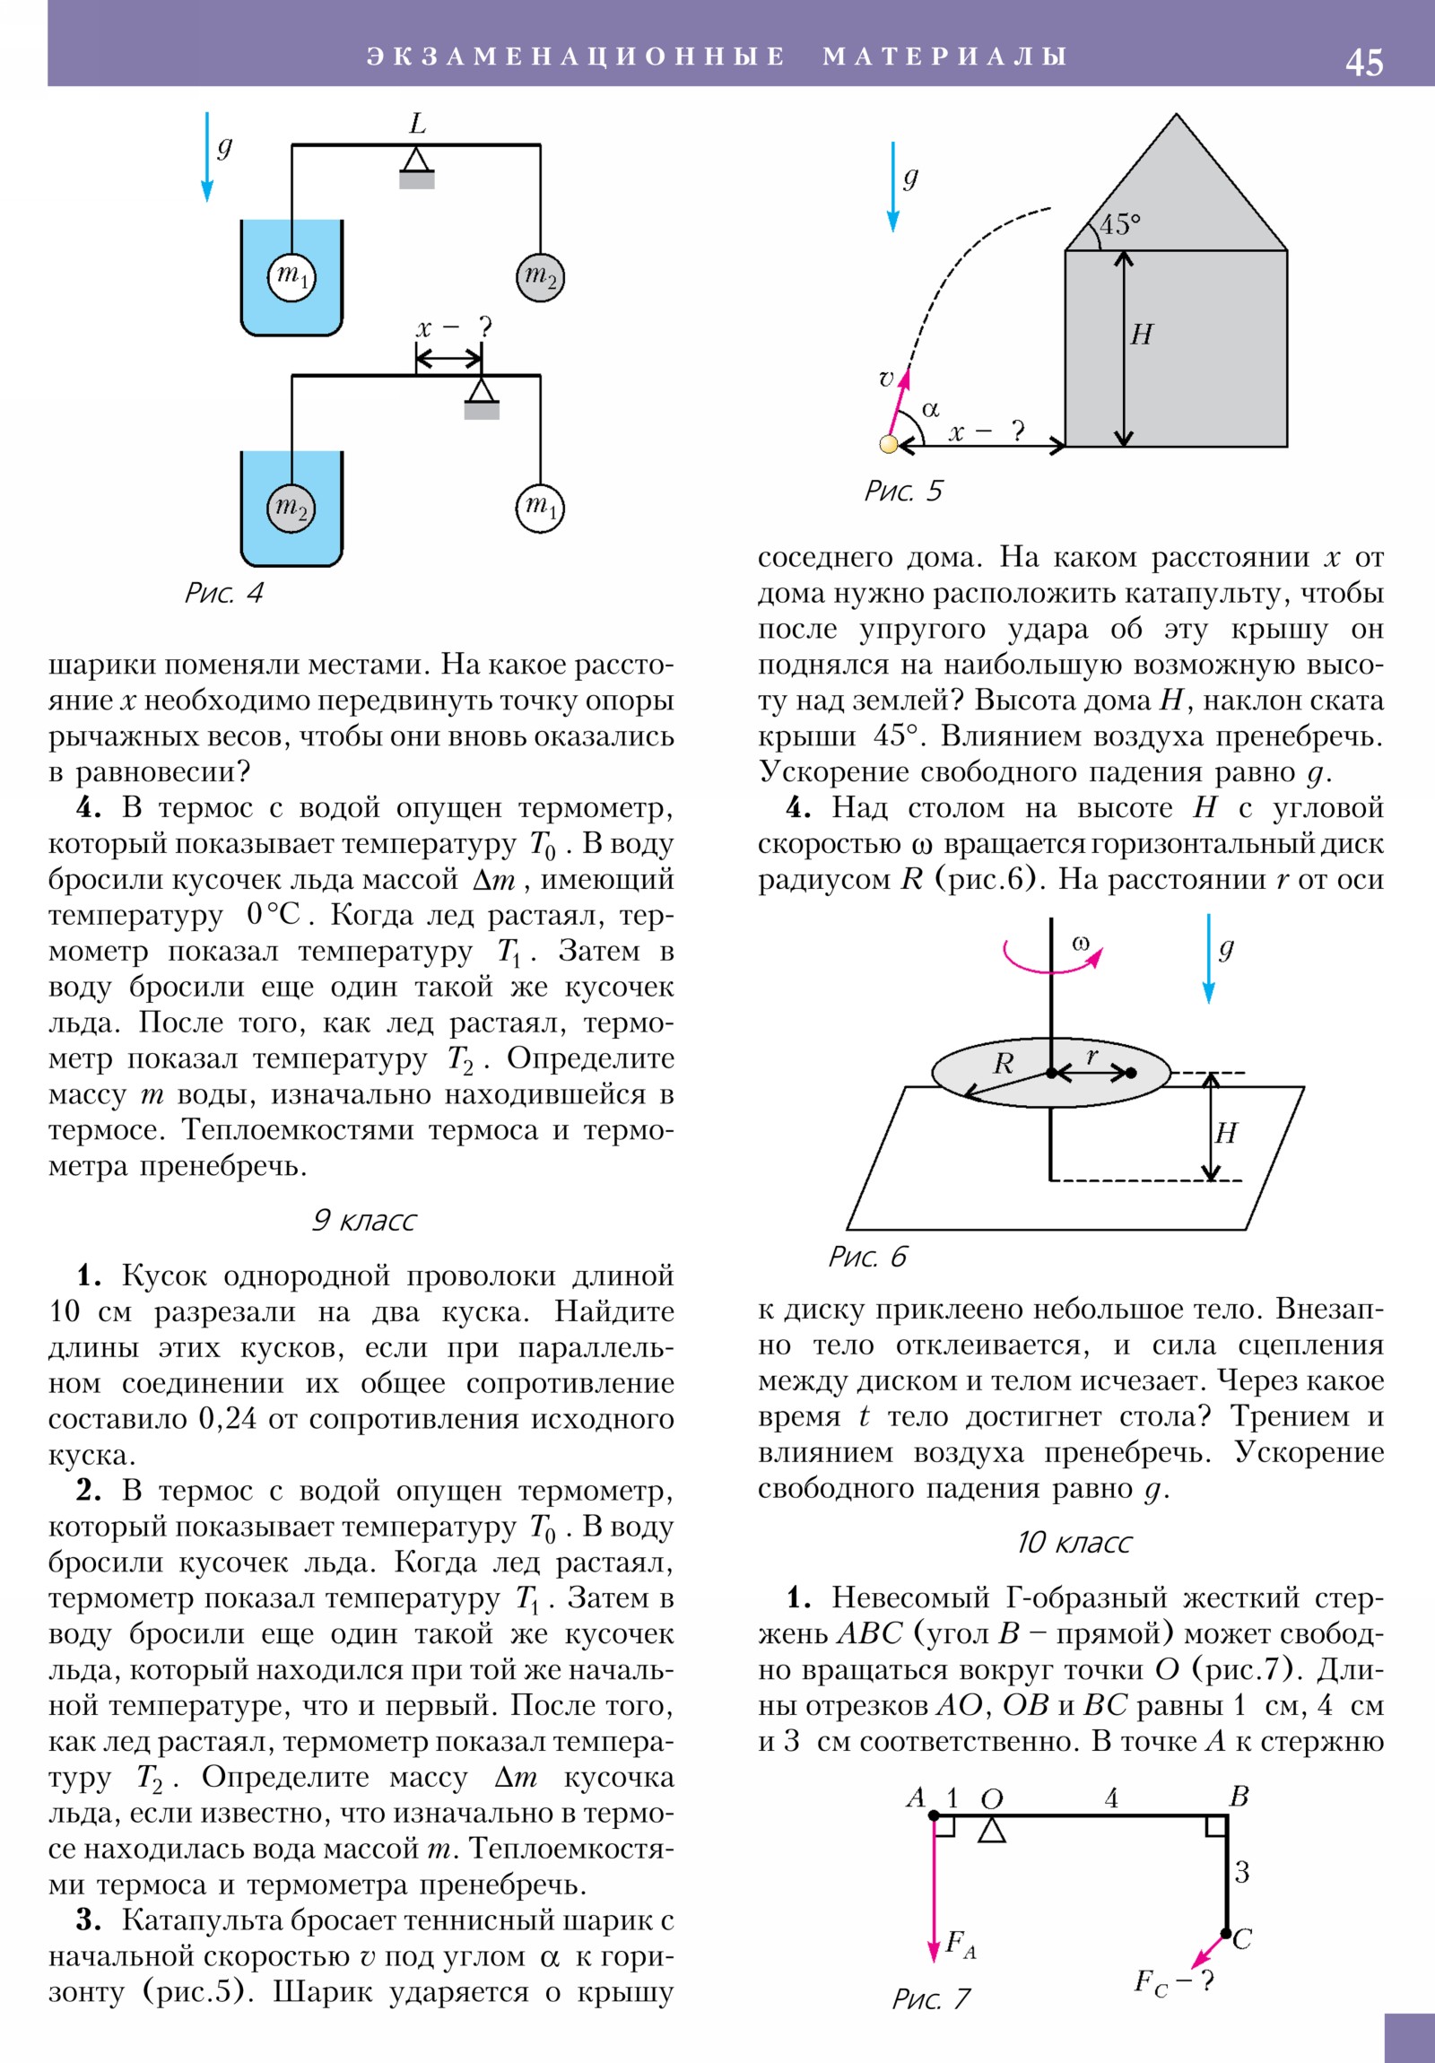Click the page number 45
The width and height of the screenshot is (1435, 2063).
coord(1363,62)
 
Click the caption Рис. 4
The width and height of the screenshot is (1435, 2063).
coord(223,593)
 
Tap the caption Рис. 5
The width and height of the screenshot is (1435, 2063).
coord(903,491)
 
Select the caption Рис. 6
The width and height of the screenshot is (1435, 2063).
coord(867,1256)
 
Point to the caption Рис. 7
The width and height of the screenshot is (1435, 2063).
coord(931,1998)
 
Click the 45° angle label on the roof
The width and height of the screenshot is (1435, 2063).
coord(1119,223)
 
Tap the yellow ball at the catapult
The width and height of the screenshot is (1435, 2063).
coord(889,444)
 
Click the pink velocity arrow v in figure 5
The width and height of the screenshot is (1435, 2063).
coord(898,404)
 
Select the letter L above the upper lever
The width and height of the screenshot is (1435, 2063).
coord(417,123)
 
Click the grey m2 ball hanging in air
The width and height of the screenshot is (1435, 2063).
coord(540,278)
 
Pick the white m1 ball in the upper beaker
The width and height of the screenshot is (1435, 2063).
coord(292,276)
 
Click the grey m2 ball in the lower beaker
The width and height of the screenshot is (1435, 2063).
coord(291,509)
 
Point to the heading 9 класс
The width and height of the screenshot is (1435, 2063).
coord(364,1220)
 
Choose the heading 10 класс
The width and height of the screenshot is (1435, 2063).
coord(1074,1542)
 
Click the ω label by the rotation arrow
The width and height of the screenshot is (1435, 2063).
coord(1080,944)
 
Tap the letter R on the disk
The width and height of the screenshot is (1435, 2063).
coord(1003,1064)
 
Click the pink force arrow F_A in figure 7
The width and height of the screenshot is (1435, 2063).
coord(934,1888)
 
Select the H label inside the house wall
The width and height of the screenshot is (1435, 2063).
coord(1141,335)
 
